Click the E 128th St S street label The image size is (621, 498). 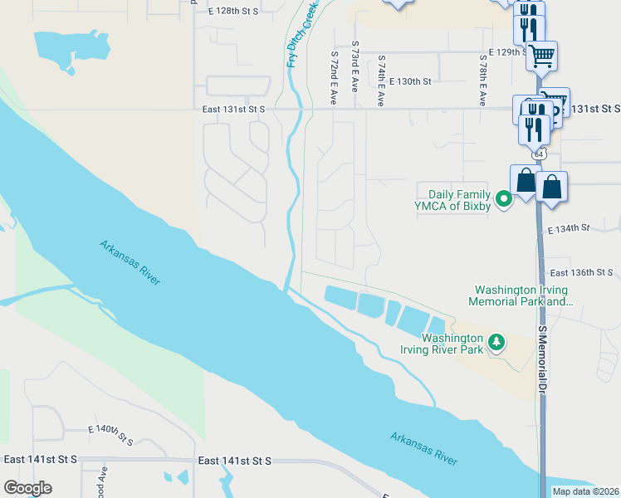(x=234, y=11)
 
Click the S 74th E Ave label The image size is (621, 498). (x=381, y=81)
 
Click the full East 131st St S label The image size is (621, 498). (x=233, y=109)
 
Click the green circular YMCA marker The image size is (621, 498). (x=502, y=199)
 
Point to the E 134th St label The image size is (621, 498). (x=568, y=227)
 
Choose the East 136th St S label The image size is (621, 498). (x=581, y=272)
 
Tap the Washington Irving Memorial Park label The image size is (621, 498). (x=521, y=296)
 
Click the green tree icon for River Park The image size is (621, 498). (x=496, y=342)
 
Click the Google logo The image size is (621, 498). (x=27, y=488)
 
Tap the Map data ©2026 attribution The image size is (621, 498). (x=586, y=491)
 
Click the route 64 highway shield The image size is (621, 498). (x=540, y=154)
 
